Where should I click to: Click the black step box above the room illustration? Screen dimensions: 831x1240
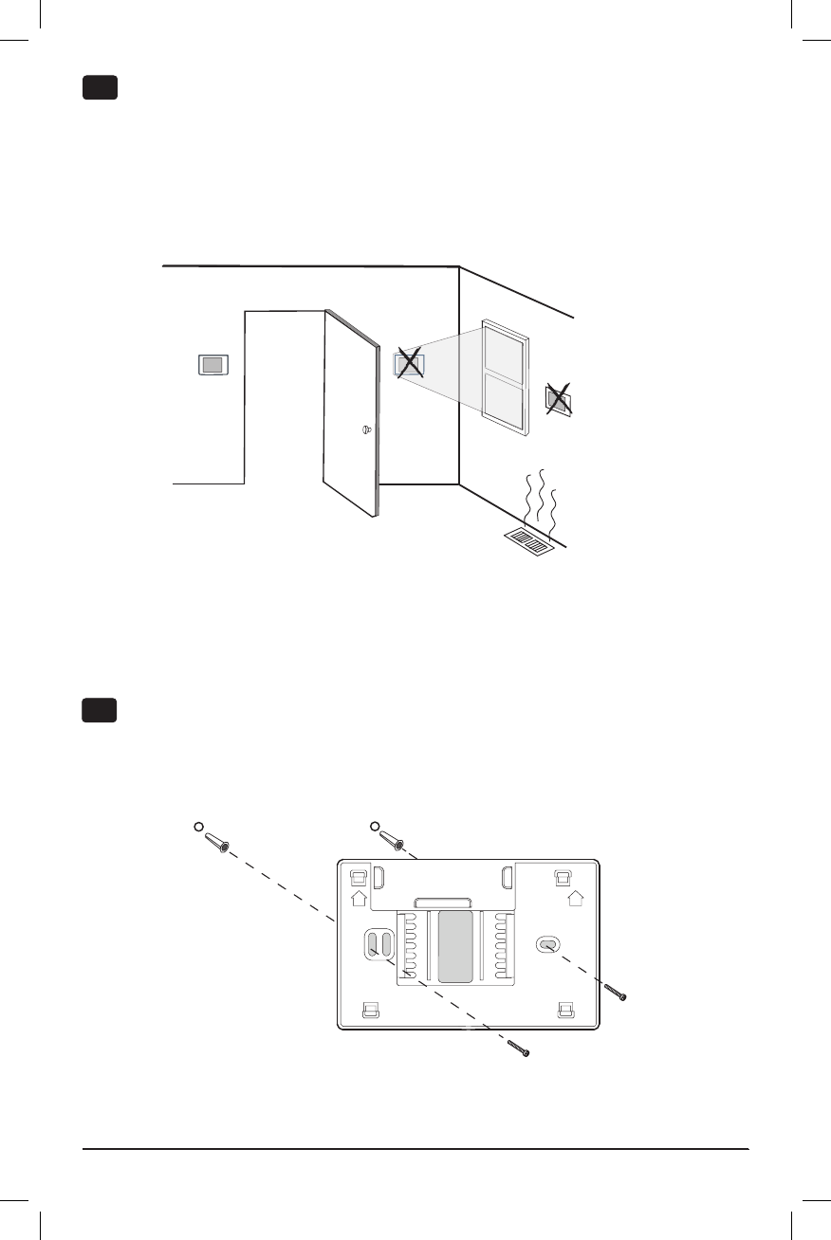click(100, 89)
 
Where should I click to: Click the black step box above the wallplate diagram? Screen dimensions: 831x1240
click(100, 710)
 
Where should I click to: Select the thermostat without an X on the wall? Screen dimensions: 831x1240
click(214, 364)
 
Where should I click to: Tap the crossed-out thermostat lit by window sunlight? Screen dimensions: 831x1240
click(409, 363)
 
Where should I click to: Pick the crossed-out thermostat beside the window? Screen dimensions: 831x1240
click(559, 400)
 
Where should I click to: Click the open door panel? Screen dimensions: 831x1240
click(351, 408)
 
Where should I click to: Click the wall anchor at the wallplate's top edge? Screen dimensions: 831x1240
click(392, 839)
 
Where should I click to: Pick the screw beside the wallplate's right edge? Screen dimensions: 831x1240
click(618, 992)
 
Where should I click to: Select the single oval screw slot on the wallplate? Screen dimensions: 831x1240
click(547, 944)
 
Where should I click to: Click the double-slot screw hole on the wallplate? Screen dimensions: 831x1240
click(379, 944)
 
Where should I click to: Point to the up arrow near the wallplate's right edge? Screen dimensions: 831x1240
click(574, 897)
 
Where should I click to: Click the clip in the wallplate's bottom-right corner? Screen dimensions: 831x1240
click(566, 1010)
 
